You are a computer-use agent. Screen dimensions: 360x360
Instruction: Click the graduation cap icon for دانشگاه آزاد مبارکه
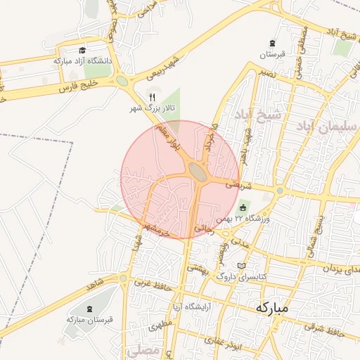[82, 50]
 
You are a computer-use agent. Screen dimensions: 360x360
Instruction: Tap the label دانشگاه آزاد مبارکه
[82, 61]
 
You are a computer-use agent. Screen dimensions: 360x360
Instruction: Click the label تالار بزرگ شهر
[150, 109]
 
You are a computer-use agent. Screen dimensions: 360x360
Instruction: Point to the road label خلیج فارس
[78, 86]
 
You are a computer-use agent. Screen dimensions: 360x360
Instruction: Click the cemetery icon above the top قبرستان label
[272, 44]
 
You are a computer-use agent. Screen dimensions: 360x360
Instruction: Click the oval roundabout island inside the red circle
[198, 171]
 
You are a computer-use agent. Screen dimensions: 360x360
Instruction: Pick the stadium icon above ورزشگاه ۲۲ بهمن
[243, 207]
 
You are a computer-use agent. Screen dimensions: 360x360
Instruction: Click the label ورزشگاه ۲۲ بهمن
[243, 219]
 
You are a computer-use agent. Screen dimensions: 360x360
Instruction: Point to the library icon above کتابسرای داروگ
[243, 265]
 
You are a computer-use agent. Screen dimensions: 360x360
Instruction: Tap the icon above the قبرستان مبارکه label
[89, 308]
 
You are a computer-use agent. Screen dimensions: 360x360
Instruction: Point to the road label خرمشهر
[155, 230]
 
